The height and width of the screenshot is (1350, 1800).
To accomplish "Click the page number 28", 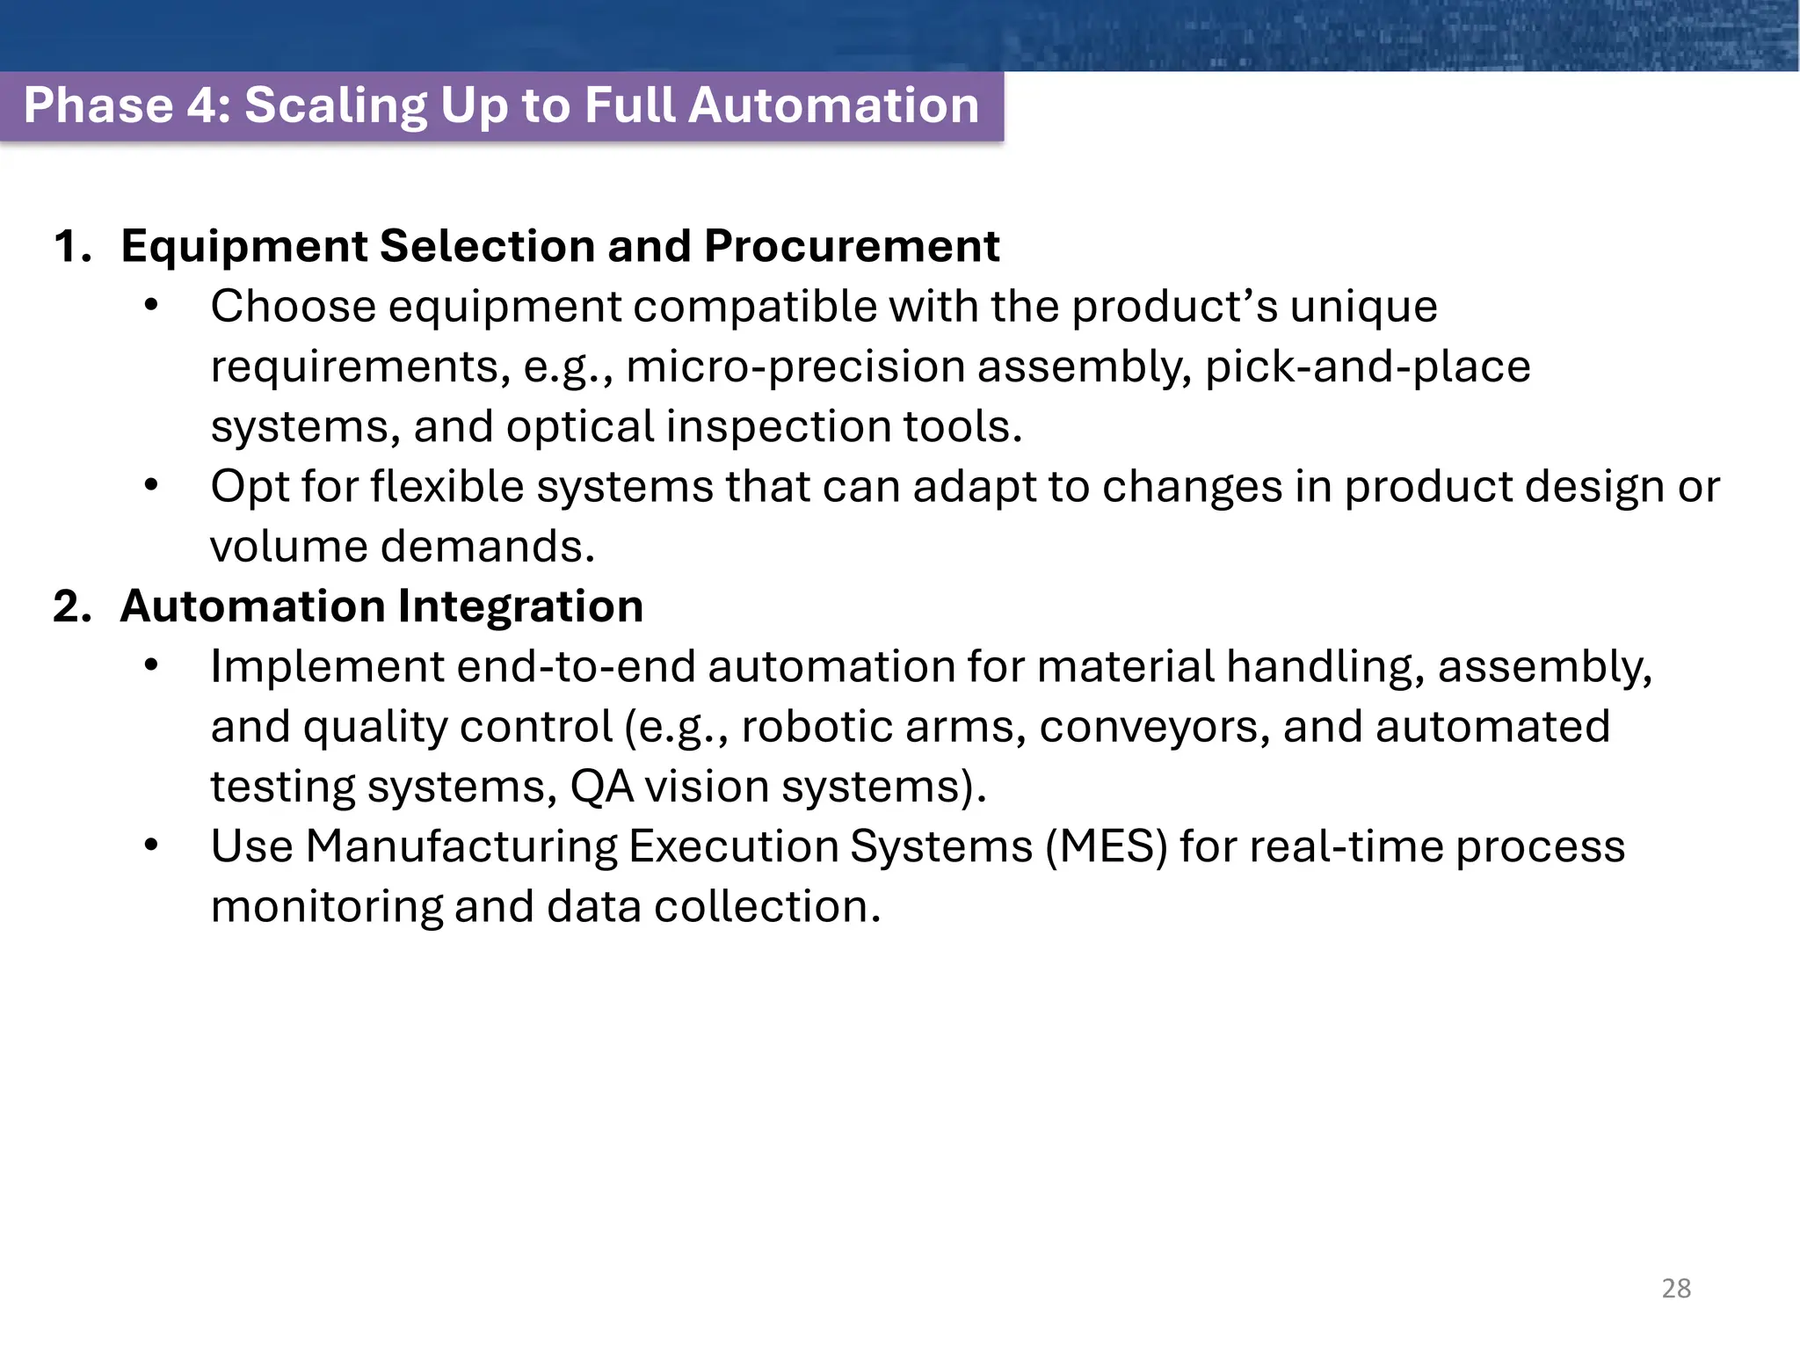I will [x=1676, y=1288].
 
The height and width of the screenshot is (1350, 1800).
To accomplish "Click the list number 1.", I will [x=71, y=246].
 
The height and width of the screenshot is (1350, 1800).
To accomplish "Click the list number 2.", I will [x=71, y=606].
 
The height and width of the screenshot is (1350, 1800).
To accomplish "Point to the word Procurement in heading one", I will [x=851, y=246].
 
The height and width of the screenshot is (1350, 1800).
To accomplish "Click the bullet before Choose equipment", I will [x=151, y=306].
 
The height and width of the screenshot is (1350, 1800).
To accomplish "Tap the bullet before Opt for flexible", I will [x=151, y=486].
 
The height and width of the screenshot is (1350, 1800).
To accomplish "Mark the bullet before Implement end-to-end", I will [x=151, y=666].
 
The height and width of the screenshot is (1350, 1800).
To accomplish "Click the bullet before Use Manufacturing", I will [x=151, y=846].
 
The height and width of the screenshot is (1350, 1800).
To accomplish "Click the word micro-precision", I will [x=795, y=367].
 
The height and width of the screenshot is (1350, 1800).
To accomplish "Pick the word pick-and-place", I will [x=1368, y=367].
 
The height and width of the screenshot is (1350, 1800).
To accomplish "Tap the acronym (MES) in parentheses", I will [x=1106, y=846].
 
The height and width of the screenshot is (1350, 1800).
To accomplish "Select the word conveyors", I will [x=1154, y=728].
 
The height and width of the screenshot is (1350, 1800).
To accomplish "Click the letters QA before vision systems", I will [x=602, y=787].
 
